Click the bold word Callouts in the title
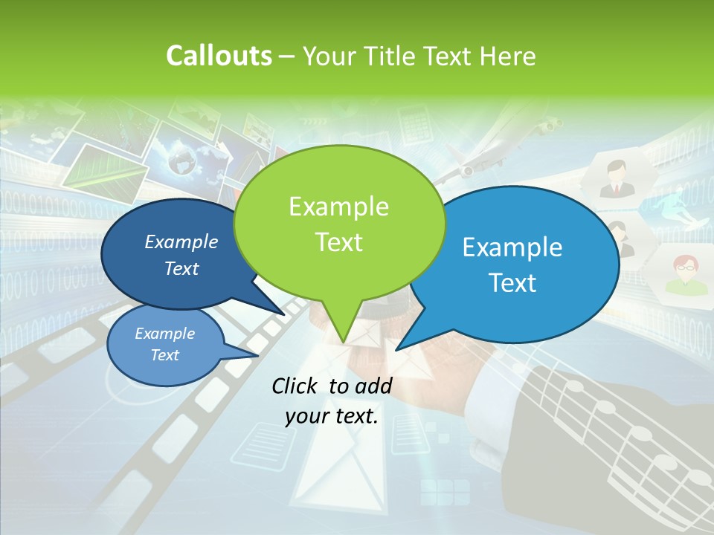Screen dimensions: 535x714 coord(219,56)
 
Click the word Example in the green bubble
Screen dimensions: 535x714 coord(338,207)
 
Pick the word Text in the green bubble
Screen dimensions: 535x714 coord(338,242)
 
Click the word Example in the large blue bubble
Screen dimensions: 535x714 coord(512,247)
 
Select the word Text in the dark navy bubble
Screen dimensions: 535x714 coord(181,269)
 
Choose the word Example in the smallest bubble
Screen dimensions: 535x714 coord(165,334)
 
